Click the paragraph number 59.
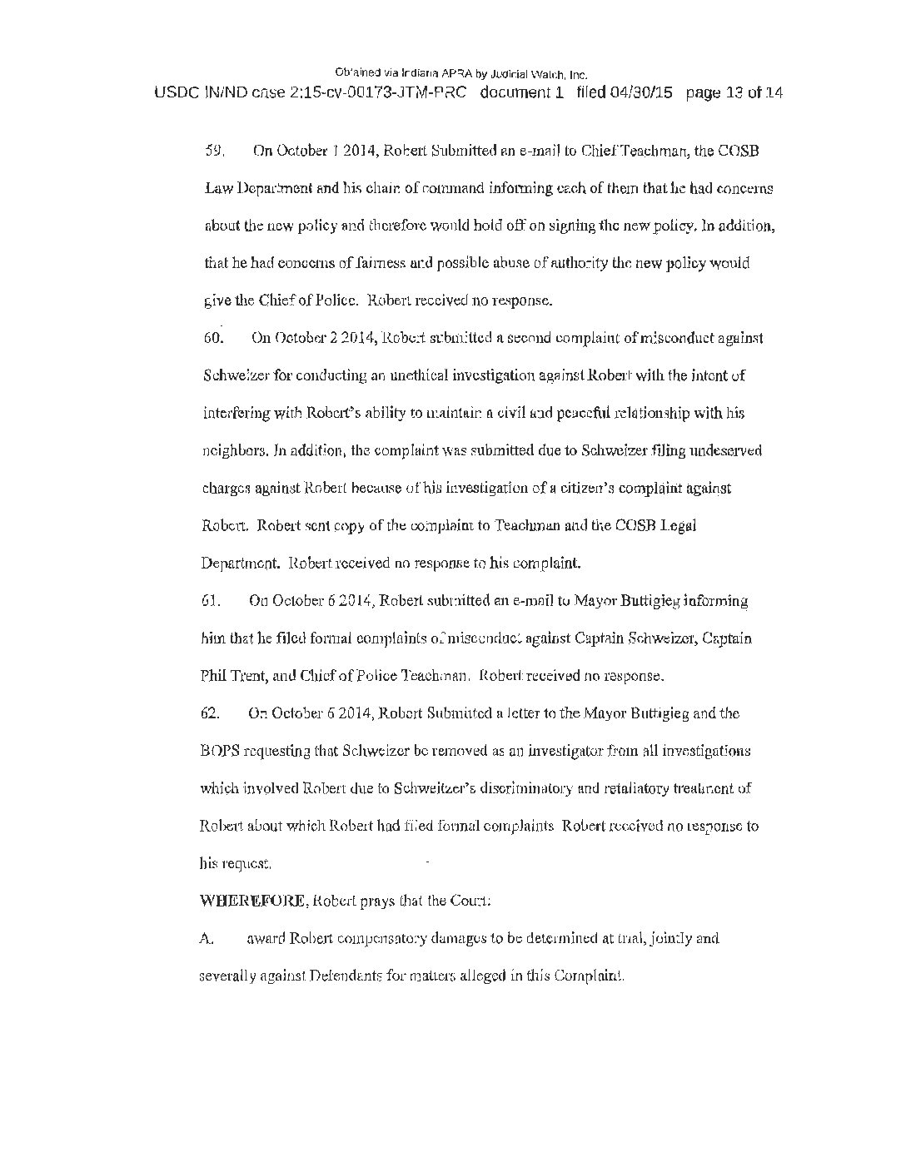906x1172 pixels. tap(213, 151)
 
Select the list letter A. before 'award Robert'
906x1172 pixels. tap(207, 939)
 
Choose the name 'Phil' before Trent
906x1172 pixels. tap(212, 676)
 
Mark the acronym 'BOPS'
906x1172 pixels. tap(219, 751)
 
